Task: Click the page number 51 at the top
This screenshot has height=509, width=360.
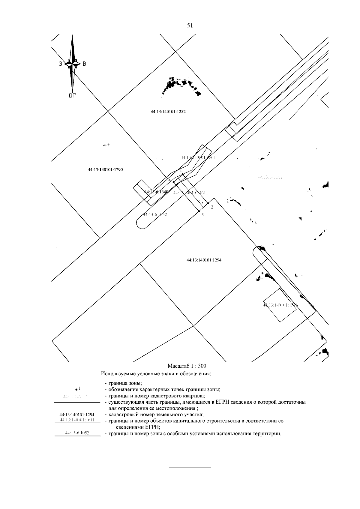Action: click(190, 25)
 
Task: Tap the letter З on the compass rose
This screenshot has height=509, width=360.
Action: click(60, 64)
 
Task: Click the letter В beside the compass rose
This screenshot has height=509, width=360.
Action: click(84, 64)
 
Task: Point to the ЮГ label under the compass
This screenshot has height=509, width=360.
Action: click(72, 96)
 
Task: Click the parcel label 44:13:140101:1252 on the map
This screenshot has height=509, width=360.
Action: click(168, 112)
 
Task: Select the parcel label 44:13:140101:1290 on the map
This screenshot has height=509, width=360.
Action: click(105, 170)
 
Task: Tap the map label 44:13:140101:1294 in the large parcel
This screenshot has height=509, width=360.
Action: click(204, 260)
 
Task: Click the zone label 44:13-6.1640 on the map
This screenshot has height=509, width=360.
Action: click(156, 192)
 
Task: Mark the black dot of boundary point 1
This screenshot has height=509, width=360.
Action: click(183, 174)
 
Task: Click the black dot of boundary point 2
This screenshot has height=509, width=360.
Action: click(208, 203)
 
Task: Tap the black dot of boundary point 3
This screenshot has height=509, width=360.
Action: click(199, 211)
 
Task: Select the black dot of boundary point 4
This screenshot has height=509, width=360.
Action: click(174, 182)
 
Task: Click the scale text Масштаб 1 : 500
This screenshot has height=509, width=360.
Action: click(187, 366)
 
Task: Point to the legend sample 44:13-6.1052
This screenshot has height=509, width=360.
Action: click(77, 433)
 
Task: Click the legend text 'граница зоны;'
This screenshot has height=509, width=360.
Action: click(123, 383)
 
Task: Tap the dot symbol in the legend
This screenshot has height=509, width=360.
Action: click(77, 390)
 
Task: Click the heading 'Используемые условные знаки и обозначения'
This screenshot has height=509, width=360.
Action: click(156, 374)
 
